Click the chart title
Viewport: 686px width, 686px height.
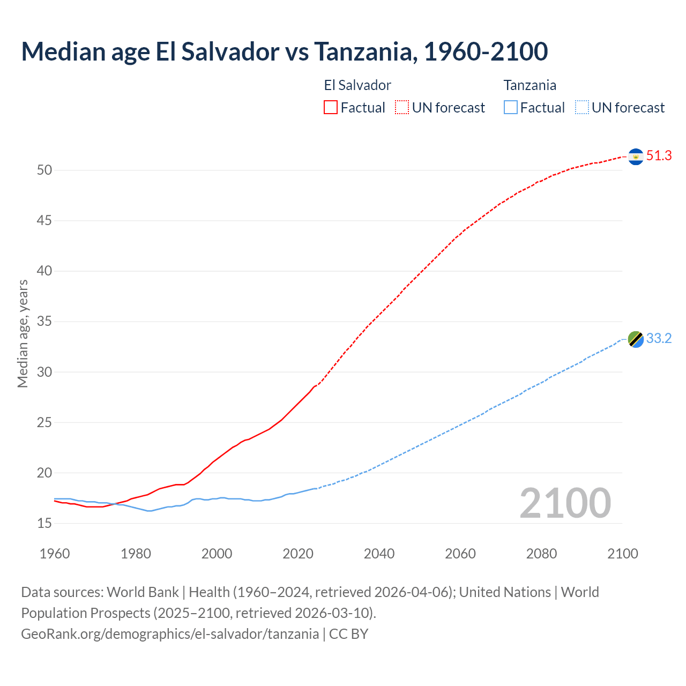tap(285, 51)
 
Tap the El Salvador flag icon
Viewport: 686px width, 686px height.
tap(636, 156)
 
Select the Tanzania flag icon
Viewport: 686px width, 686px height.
tap(636, 339)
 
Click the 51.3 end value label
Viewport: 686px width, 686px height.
tap(659, 156)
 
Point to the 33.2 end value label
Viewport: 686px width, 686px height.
tap(659, 339)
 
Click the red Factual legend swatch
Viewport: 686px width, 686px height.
tap(331, 108)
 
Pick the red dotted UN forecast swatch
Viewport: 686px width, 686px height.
tap(402, 108)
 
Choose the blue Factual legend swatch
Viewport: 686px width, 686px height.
tap(510, 108)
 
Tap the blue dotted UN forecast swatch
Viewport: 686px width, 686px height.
tap(581, 108)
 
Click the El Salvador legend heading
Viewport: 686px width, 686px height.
tap(357, 85)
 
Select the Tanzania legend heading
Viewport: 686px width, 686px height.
tap(530, 85)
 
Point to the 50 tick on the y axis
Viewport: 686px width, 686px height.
tap(44, 170)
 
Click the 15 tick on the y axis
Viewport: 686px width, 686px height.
tap(44, 523)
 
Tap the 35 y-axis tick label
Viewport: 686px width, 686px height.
tap(44, 322)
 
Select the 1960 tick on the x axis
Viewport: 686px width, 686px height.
tap(55, 554)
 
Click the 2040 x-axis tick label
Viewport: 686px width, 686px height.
tap(379, 554)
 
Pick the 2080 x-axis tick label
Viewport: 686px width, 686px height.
tap(541, 554)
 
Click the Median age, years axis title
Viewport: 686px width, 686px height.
tap(23, 333)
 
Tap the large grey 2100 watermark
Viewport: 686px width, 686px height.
tap(565, 503)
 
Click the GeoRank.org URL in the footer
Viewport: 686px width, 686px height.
tap(170, 634)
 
